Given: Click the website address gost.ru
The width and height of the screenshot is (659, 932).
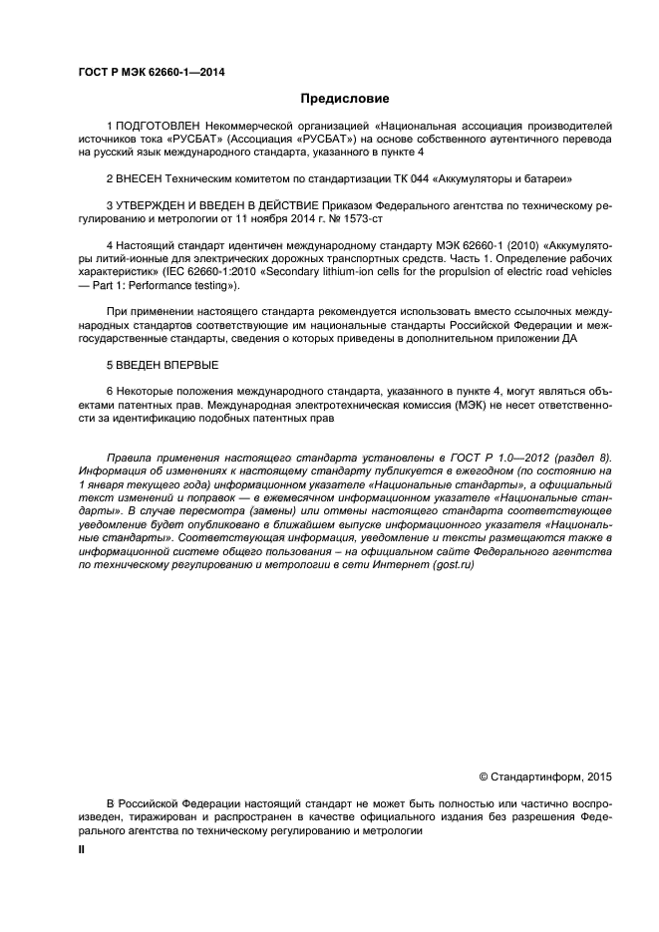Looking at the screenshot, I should tap(453, 564).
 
